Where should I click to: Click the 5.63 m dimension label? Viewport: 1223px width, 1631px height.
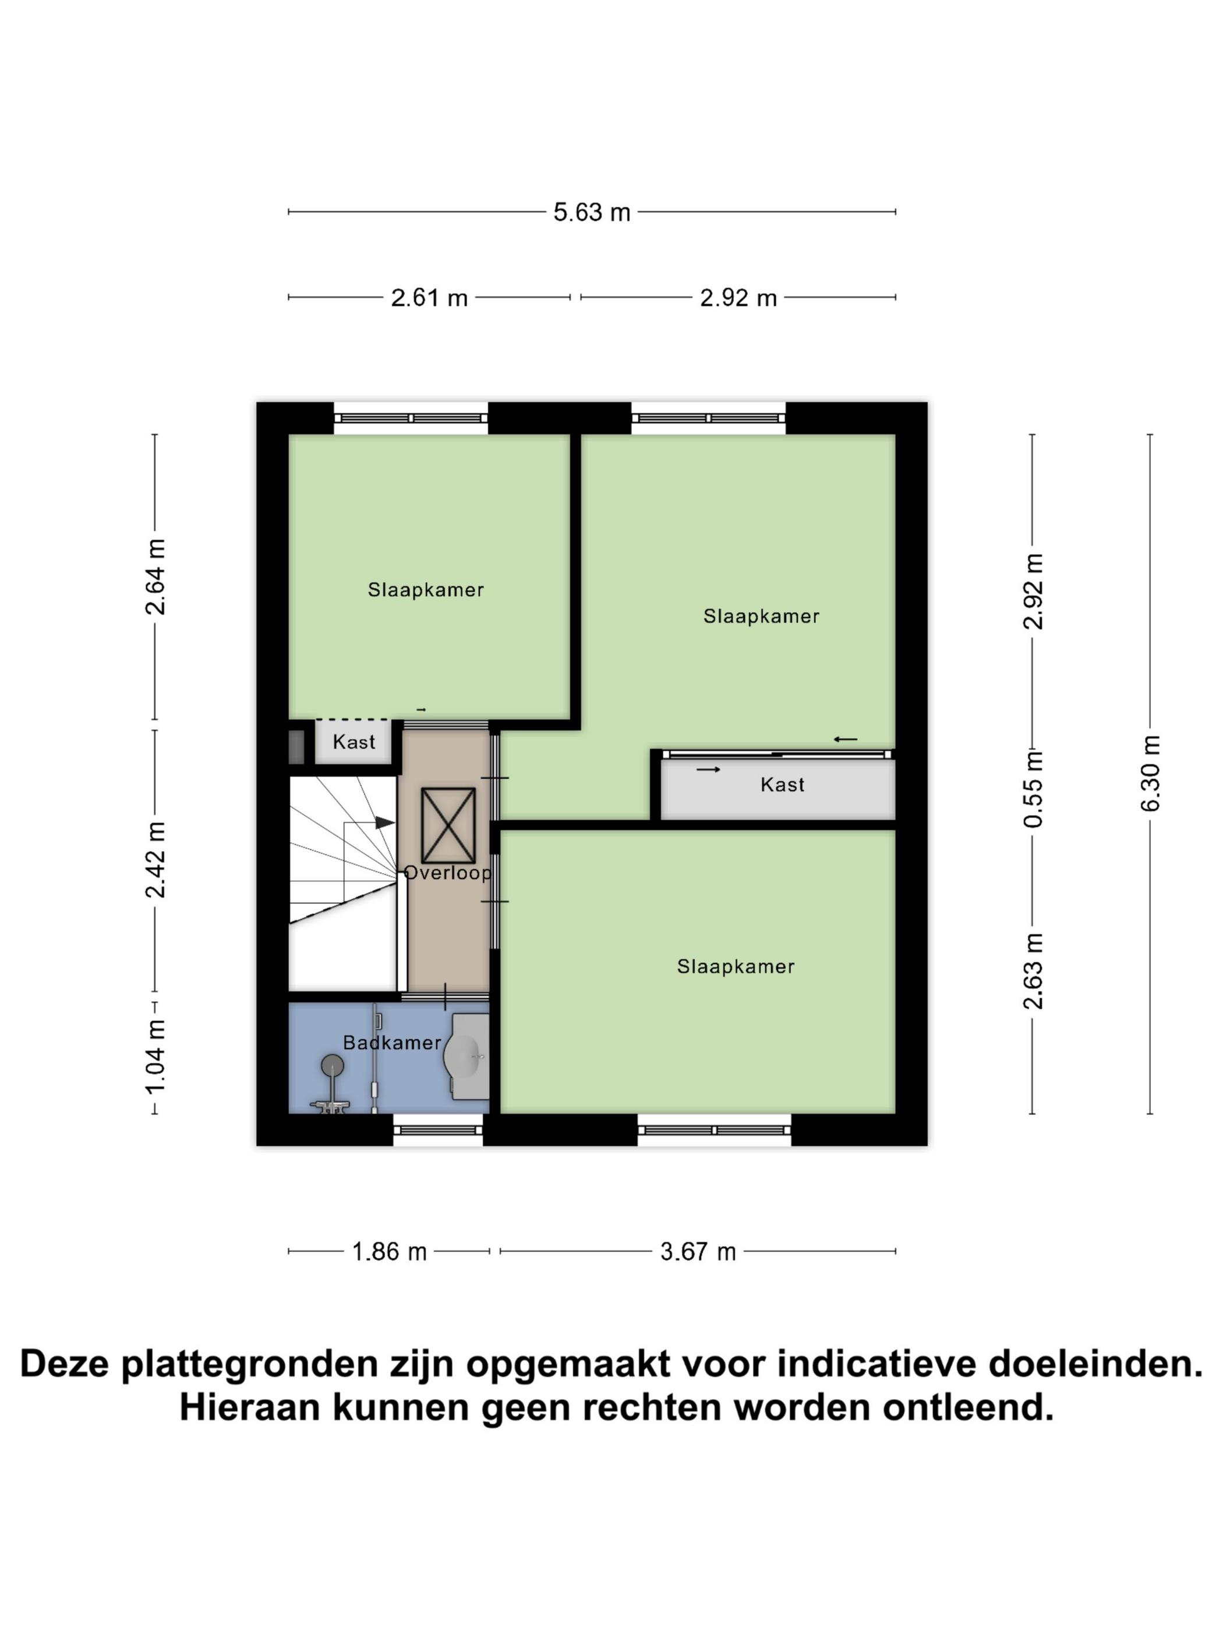591,213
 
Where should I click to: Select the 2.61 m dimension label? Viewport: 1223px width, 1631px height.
429,298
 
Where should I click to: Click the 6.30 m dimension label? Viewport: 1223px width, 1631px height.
1150,774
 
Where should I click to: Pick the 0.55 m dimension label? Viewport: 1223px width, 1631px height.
1034,788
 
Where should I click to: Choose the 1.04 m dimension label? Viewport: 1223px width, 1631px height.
155,1058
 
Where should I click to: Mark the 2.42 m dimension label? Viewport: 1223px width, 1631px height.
155,860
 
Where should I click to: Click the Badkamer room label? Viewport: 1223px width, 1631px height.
392,1042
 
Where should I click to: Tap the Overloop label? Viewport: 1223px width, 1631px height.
447,873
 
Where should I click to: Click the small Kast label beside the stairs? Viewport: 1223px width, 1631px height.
354,742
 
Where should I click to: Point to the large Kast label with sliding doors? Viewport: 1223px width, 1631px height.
782,785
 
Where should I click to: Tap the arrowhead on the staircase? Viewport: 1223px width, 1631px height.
385,822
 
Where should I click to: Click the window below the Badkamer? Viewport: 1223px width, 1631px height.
438,1129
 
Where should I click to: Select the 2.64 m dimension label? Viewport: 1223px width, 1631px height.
155,577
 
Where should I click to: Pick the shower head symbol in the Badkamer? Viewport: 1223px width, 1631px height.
333,1064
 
